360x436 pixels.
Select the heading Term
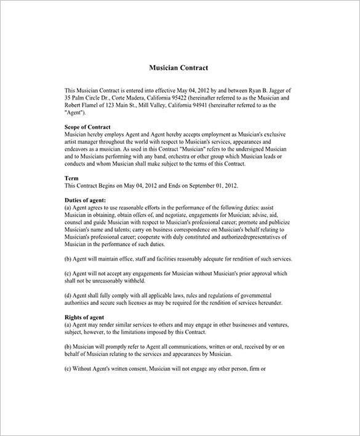71,178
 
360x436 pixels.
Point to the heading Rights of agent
84,317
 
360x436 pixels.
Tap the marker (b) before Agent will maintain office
68,259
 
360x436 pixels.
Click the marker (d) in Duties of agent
68,296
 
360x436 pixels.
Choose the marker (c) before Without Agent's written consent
68,369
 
